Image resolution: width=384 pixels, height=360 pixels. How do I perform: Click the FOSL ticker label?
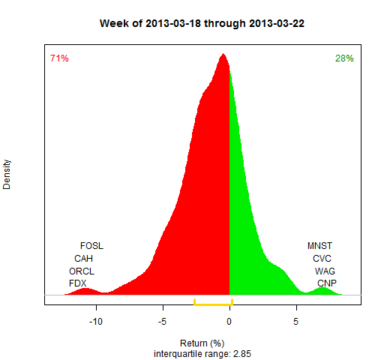click(x=91, y=246)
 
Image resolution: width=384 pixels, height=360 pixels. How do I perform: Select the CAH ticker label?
click(x=83, y=258)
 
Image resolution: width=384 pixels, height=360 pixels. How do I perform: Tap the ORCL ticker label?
click(x=82, y=271)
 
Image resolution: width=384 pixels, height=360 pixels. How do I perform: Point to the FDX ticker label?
click(x=78, y=283)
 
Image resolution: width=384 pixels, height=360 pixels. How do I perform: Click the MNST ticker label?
click(x=319, y=246)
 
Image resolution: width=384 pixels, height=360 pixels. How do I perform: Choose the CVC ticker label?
click(x=322, y=258)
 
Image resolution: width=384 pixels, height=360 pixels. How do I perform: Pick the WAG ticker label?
click(x=325, y=271)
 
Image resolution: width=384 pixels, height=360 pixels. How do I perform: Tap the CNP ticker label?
click(x=327, y=283)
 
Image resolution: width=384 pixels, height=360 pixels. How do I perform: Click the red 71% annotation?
click(x=59, y=58)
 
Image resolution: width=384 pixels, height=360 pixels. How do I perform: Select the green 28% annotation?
click(x=344, y=58)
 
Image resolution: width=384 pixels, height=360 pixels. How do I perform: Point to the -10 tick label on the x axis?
click(x=96, y=322)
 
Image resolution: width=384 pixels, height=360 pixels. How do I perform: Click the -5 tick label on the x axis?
click(x=162, y=322)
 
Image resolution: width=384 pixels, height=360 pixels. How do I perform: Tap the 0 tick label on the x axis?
click(x=229, y=322)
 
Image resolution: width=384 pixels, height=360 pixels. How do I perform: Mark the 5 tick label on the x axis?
click(x=296, y=322)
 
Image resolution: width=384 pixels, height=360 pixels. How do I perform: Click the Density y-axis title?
click(x=7, y=174)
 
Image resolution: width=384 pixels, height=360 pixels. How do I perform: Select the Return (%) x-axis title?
click(x=202, y=343)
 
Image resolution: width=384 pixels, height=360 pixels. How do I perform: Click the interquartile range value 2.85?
click(x=242, y=354)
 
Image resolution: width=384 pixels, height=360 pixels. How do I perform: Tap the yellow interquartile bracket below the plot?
click(x=213, y=304)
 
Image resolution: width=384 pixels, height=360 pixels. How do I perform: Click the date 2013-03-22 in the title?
click(x=277, y=23)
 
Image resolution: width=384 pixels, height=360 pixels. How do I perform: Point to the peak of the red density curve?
click(x=223, y=54)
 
